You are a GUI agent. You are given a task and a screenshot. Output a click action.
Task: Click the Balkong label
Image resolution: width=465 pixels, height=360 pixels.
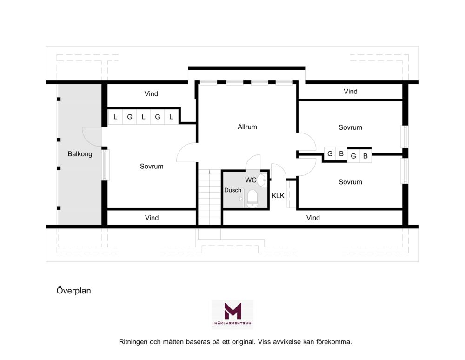click(80, 154)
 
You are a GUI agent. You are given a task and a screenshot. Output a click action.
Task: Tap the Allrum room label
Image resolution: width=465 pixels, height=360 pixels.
click(247, 127)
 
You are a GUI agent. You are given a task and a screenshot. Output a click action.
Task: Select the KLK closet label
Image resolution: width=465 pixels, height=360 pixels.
click(278, 196)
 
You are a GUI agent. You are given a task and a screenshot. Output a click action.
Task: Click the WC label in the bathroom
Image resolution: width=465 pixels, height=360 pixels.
click(251, 180)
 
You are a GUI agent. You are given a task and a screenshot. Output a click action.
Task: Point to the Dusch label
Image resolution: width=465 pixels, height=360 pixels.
click(233, 190)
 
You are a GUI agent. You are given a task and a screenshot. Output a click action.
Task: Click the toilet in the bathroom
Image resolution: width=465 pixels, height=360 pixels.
click(252, 199)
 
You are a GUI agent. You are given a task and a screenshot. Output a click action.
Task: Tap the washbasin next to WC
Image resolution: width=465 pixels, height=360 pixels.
click(262, 180)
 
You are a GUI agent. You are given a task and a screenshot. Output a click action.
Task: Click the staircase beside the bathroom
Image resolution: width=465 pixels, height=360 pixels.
click(209, 197)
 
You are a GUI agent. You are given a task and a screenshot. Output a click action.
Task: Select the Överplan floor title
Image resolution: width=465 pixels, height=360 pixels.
click(73, 291)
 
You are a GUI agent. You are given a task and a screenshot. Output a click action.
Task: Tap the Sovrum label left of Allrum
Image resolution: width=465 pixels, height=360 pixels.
click(152, 167)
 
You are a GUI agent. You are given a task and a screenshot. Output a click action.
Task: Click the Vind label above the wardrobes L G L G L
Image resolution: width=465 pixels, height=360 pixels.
click(151, 93)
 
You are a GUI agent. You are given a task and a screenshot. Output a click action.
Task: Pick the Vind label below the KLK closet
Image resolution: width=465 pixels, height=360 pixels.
click(313, 218)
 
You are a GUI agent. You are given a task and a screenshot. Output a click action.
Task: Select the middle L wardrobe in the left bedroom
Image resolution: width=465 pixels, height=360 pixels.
click(144, 117)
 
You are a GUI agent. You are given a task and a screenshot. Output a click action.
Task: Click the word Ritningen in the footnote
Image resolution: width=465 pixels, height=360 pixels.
click(133, 342)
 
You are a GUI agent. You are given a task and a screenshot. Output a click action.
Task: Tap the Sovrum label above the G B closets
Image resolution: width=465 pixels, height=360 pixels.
click(350, 127)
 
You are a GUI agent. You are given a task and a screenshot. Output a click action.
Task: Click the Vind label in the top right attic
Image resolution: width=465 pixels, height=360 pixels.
click(351, 91)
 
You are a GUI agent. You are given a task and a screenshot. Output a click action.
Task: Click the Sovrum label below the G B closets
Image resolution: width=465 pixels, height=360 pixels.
click(350, 182)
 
